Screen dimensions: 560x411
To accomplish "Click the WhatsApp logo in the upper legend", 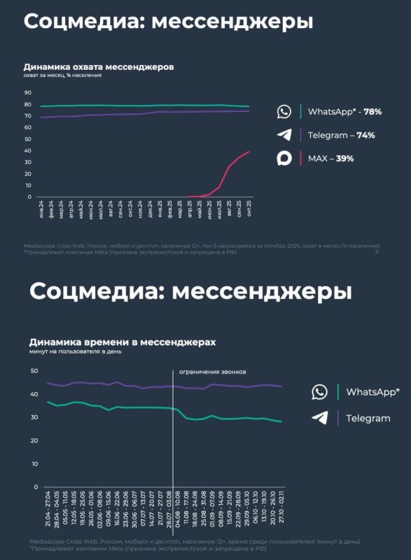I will click(284, 112).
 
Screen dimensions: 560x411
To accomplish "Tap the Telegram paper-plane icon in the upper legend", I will click(284, 135).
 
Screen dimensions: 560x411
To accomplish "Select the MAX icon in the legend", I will click(284, 159).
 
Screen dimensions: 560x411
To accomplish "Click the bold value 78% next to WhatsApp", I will click(372, 112).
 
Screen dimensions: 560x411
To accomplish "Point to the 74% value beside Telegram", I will click(365, 135).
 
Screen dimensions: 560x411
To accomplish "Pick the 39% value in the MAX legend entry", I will click(344, 159).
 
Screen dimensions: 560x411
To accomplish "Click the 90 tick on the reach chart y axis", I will click(28, 92).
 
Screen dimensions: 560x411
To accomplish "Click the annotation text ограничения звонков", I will click(213, 372).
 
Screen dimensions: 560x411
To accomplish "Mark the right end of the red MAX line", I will click(249, 152).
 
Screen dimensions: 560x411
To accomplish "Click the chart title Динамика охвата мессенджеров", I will click(99, 67).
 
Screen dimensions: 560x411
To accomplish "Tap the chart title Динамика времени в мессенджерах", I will click(123, 342).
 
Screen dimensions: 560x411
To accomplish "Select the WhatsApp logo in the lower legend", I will click(319, 392).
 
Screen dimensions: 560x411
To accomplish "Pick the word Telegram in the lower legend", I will click(368, 418).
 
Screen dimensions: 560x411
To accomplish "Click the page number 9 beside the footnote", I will click(377, 252).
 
